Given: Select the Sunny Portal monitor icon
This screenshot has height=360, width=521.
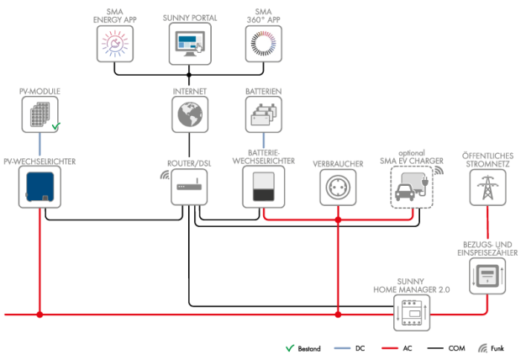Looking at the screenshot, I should click(189, 41).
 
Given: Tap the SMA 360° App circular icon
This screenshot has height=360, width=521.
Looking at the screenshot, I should click(261, 41).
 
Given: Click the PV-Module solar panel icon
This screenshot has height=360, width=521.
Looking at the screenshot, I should click(39, 114).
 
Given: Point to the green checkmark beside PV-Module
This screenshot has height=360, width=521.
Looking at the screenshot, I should click(56, 126).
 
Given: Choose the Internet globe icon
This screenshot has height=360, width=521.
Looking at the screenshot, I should click(189, 114).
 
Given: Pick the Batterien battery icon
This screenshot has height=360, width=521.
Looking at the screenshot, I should click(262, 114).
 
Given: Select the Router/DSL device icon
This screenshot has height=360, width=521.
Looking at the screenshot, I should click(189, 187).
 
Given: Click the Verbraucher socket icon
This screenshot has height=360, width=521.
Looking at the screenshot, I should click(338, 187).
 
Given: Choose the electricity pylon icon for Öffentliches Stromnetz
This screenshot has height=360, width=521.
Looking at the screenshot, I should click(485, 187).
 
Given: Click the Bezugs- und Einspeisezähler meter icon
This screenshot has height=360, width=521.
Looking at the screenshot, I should click(485, 277).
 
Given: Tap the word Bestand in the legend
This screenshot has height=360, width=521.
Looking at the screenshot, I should click(308, 348).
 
